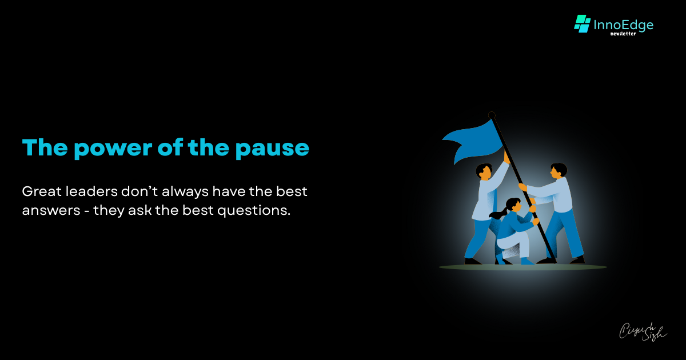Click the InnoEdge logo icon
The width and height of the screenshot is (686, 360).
(582, 24)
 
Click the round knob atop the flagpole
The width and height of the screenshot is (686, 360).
(492, 115)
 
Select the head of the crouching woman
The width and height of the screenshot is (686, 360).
(513, 205)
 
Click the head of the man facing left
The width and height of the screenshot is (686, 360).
(558, 170)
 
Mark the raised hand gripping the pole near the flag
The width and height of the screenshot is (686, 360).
(506, 155)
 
